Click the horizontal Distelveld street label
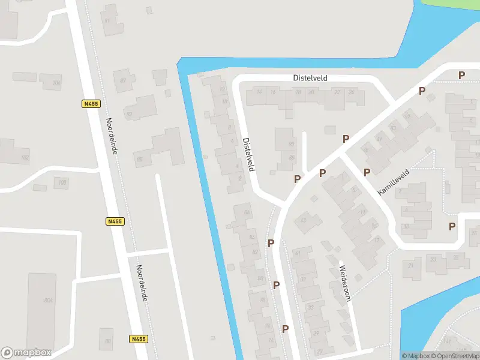310,78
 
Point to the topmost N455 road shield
91,104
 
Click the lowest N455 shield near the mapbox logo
137,339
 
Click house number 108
56,83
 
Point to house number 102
25,158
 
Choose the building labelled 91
108,20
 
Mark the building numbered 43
304,220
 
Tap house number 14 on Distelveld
259,92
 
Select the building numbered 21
411,266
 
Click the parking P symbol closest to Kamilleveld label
367,172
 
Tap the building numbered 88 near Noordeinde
139,159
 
